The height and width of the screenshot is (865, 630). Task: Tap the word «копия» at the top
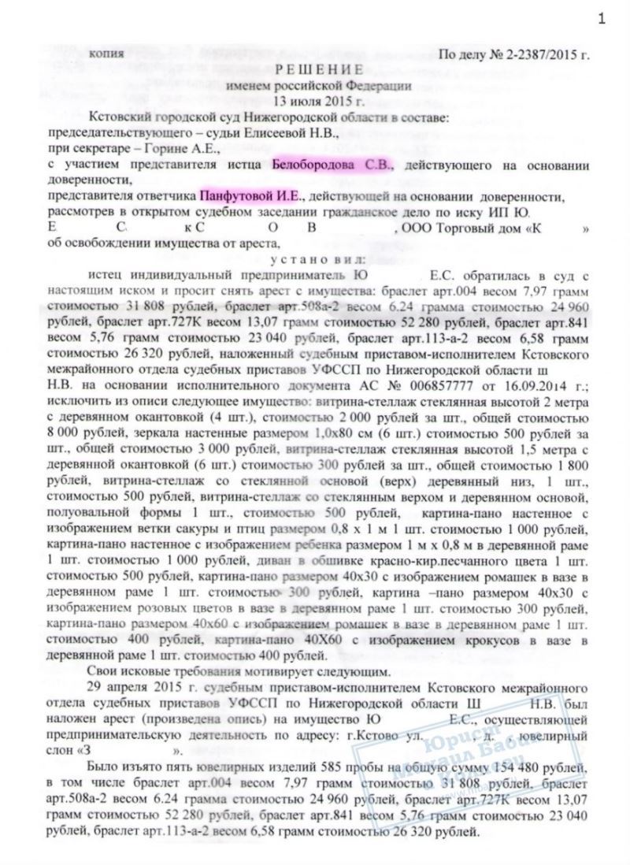point(107,54)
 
